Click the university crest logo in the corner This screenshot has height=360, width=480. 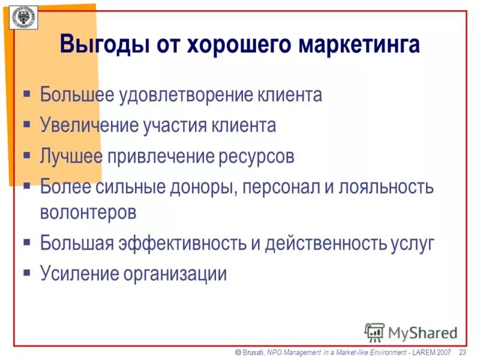click(x=24, y=19)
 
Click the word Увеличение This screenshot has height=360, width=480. click(x=89, y=125)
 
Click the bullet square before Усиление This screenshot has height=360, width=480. click(x=27, y=273)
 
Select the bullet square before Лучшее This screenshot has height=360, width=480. click(x=27, y=155)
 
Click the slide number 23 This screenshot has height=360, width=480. click(x=462, y=352)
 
